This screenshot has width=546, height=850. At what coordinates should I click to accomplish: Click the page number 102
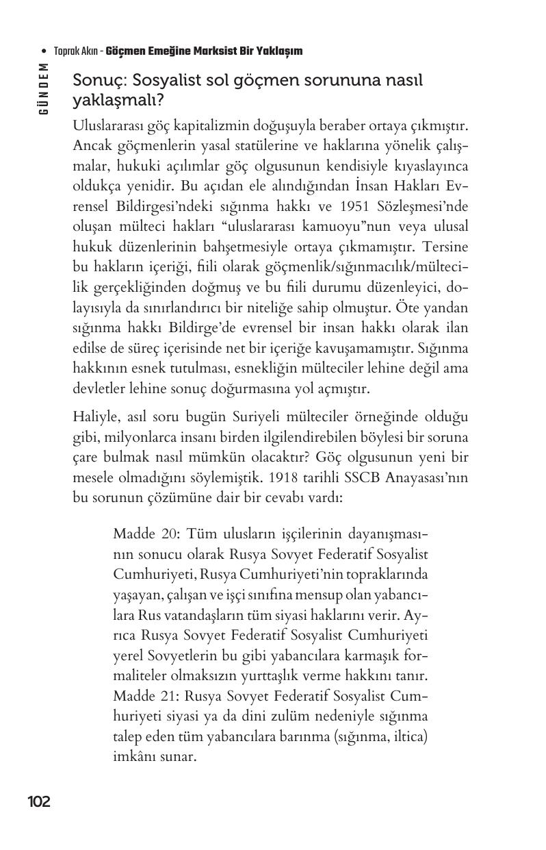point(39,801)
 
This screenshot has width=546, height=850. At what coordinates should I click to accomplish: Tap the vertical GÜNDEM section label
point(44,88)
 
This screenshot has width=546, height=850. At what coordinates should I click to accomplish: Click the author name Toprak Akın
point(75,51)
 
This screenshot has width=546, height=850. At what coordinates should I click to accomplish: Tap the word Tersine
point(447,246)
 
